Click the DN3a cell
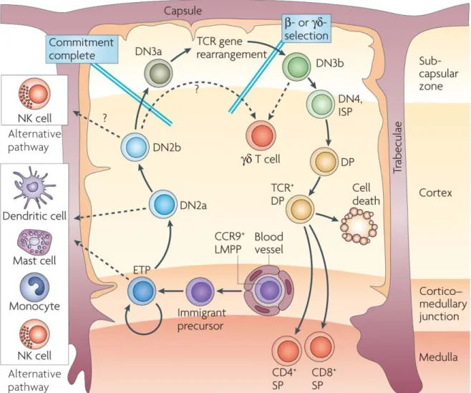coord(158,73)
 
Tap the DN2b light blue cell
coord(135,147)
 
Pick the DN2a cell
coord(163,204)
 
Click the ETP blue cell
coord(142,291)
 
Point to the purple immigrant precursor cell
coord(200,291)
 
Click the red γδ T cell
coord(261,135)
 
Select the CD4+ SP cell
coord(286,351)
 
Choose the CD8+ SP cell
coord(319,346)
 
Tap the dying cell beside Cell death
coord(359,226)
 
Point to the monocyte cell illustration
coord(34,286)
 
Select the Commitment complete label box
coord(82,49)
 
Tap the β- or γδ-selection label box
coord(306,28)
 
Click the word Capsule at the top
coord(183,11)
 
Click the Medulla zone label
coord(438,357)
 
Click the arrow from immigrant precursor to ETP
coord(170,291)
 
